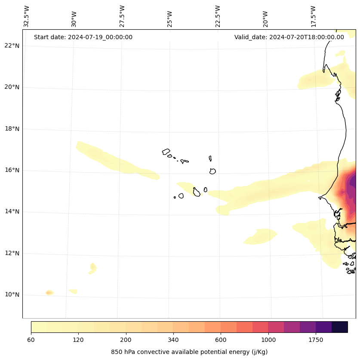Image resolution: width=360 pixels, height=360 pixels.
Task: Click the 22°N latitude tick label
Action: [12, 46]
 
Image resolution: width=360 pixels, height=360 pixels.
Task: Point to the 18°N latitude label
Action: [12, 129]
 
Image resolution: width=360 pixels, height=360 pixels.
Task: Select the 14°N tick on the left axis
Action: [12, 212]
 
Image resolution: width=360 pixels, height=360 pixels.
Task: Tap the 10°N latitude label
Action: [12, 295]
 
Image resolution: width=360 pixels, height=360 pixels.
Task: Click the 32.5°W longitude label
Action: [27, 16]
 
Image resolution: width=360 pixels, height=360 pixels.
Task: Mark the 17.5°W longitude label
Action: [313, 16]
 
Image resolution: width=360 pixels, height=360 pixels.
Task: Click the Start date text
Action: [83, 37]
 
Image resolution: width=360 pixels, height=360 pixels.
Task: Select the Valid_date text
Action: [289, 37]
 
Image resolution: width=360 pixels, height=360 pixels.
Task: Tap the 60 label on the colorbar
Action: [31, 340]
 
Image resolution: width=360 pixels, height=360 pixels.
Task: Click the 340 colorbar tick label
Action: [173, 340]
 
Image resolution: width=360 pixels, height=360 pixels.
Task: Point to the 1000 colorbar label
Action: [268, 340]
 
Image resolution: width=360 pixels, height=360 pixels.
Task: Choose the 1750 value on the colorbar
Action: [316, 340]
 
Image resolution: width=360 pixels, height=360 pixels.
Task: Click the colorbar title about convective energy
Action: [189, 352]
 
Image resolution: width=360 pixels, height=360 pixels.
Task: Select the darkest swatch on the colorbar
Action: [340, 327]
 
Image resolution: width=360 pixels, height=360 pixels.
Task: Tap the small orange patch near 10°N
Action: [49, 293]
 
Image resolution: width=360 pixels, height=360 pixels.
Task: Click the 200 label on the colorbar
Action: [126, 340]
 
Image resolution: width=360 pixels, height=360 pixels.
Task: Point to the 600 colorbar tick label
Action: [221, 340]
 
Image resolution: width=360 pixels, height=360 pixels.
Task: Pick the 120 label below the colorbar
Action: [78, 340]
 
